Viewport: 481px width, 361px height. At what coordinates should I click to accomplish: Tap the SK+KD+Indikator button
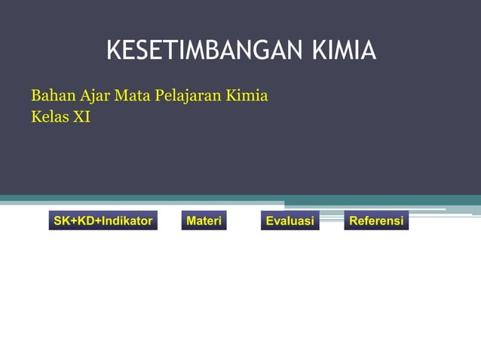pos(103,221)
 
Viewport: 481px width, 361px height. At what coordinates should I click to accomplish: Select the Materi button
pos(204,221)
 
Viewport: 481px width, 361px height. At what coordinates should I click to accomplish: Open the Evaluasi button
pos(290,221)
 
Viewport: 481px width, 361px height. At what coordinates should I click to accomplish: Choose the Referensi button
pos(376,221)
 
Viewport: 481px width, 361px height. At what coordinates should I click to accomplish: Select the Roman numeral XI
pos(81,118)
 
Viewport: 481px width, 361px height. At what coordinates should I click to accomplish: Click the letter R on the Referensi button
pos(354,221)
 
